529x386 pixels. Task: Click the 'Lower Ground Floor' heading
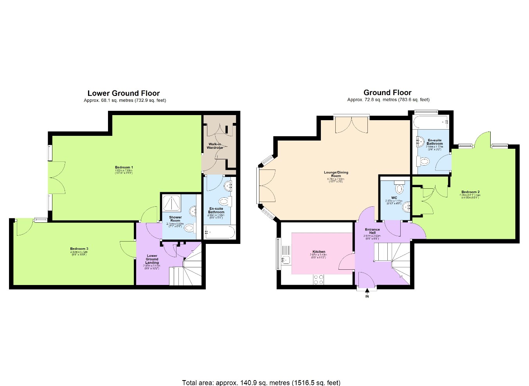(x=123, y=93)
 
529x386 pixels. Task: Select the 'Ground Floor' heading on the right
(x=387, y=93)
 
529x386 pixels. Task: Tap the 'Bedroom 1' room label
(x=124, y=168)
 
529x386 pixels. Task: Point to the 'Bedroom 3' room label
(x=79, y=249)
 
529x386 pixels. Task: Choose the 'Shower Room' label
(x=175, y=219)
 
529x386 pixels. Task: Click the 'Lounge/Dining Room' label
(x=336, y=174)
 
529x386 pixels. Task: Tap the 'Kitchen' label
(x=318, y=252)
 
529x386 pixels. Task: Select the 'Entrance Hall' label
(x=372, y=231)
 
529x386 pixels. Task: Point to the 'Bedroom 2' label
(x=470, y=192)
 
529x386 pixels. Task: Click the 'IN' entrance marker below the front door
(x=367, y=296)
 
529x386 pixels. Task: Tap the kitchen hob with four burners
(x=318, y=279)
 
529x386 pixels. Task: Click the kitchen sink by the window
(x=286, y=259)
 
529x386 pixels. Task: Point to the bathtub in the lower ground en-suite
(x=219, y=233)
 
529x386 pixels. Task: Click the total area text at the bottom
(x=261, y=382)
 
